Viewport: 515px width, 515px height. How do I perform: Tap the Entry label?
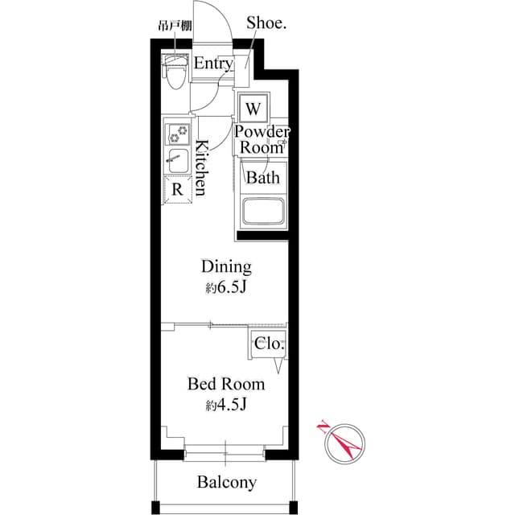tap(213, 64)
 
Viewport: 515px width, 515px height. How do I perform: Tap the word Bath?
tap(262, 178)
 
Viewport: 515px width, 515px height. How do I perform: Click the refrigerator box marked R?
tap(177, 189)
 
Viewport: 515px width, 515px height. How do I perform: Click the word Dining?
tap(226, 266)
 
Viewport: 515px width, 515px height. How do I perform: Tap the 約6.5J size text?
tap(226, 288)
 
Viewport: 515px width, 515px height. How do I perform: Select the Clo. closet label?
tap(268, 344)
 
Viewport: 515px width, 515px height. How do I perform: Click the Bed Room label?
tap(226, 384)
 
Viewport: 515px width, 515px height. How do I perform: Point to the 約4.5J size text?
tap(226, 406)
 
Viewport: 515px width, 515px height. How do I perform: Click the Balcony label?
tap(227, 483)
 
